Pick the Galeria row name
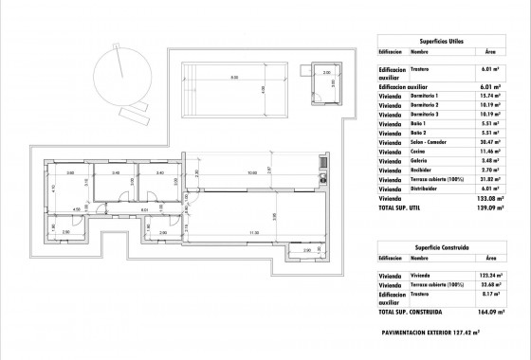tap(420, 161)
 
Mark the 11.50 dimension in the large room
tap(253, 233)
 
